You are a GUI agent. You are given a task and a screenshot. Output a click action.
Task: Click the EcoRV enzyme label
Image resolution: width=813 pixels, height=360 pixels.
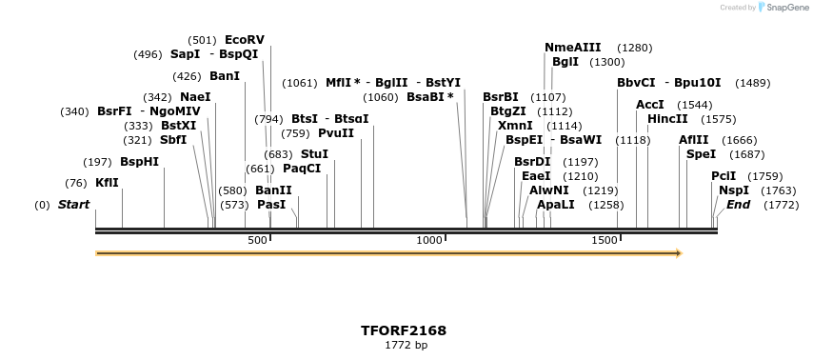click(245, 40)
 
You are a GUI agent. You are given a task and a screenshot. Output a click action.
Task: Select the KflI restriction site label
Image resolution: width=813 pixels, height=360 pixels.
click(107, 183)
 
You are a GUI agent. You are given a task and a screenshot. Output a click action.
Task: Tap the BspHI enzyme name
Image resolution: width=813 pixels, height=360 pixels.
click(139, 162)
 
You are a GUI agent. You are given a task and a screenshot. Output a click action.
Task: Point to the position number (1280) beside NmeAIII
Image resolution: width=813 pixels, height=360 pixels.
click(635, 48)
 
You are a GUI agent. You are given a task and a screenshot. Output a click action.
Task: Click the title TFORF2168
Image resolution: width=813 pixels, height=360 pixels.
click(404, 330)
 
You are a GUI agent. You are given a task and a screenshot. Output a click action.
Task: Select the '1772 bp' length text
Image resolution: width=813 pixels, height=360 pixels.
click(406, 345)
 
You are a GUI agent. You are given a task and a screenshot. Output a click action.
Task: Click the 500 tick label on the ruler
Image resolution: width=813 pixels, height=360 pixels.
click(257, 241)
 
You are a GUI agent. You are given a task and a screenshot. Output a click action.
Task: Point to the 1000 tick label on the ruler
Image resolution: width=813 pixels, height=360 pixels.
click(429, 241)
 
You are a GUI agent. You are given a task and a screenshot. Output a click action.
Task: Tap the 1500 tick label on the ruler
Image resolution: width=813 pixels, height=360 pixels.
click(605, 241)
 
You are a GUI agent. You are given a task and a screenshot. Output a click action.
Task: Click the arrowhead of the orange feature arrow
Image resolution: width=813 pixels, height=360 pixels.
click(678, 253)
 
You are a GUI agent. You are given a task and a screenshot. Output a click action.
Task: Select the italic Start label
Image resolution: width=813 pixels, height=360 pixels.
click(73, 205)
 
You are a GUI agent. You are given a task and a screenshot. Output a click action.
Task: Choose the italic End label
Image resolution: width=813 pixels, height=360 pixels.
click(739, 205)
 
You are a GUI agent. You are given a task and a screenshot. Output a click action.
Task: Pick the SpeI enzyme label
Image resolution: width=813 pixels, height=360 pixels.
click(701, 154)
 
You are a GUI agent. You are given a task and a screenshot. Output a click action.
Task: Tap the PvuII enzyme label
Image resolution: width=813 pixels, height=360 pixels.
click(336, 133)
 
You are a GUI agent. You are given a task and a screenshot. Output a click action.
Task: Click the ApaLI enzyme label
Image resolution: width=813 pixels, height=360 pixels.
click(556, 205)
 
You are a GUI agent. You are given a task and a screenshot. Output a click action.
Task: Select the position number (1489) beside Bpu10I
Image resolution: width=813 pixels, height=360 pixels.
click(752, 83)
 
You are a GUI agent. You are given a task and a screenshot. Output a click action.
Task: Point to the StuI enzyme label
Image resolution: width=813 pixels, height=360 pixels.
click(314, 154)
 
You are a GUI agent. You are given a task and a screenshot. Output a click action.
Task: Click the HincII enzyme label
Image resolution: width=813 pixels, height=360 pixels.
click(667, 119)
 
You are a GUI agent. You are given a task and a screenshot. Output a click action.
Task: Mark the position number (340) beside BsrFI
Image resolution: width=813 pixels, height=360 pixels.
click(74, 111)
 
